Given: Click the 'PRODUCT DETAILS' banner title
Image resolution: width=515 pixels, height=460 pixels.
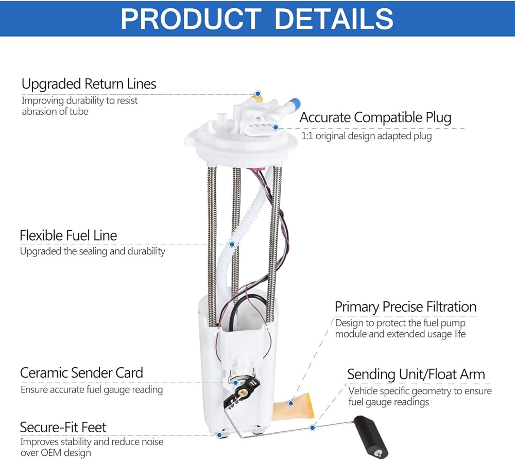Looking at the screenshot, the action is (257, 19).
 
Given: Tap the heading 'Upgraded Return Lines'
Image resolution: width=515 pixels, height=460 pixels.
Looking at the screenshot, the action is (89, 84).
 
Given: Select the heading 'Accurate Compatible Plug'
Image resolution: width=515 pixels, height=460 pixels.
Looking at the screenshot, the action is (375, 117).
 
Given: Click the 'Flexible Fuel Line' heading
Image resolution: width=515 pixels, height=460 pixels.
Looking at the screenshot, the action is (68, 235).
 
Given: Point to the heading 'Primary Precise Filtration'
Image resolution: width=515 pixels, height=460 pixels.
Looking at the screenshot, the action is (406, 307).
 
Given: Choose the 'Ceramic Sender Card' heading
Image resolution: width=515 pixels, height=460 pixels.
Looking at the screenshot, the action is (81, 373).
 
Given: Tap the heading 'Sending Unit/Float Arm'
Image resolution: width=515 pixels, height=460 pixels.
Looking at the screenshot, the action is (416, 374).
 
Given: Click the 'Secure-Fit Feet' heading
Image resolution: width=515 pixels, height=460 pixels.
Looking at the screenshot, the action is (63, 428).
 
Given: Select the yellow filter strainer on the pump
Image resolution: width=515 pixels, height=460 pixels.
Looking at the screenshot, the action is (294, 405).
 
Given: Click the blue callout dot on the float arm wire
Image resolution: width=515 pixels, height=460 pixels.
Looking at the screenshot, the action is (313, 428).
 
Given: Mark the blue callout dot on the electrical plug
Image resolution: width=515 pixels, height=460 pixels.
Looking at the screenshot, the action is (276, 127).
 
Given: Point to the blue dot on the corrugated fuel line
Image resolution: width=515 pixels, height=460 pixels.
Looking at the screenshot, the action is (232, 244).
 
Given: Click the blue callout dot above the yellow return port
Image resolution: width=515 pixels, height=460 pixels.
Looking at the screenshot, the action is (258, 94).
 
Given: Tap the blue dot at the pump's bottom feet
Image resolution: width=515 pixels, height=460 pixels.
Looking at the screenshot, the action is (219, 435).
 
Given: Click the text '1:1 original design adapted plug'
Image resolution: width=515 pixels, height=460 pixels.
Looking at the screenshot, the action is (367, 136).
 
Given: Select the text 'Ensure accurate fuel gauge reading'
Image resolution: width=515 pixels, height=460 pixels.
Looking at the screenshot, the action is (92, 390).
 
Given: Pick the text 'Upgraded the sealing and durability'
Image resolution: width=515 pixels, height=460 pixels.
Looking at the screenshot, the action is (93, 251).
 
